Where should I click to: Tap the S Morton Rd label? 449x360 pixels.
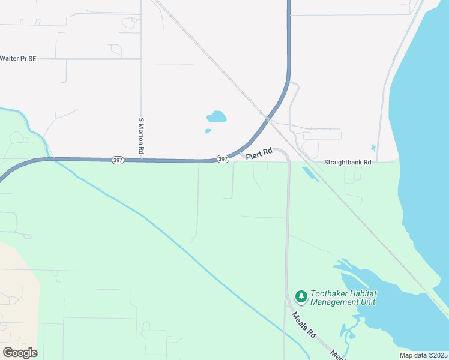click(x=141, y=136)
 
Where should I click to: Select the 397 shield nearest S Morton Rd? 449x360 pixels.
click(x=118, y=160)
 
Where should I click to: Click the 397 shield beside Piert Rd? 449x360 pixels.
click(x=223, y=159)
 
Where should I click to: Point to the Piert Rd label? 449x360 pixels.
click(x=259, y=154)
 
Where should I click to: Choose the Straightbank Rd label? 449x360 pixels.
click(x=348, y=162)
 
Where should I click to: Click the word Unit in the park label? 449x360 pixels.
click(x=367, y=302)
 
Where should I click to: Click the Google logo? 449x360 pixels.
click(x=20, y=352)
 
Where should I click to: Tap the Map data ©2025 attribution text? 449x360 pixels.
click(x=423, y=355)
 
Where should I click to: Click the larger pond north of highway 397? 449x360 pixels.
click(x=216, y=116)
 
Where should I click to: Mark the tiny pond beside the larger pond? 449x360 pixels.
click(x=208, y=131)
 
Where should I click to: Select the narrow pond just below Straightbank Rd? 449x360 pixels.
click(x=310, y=174)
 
